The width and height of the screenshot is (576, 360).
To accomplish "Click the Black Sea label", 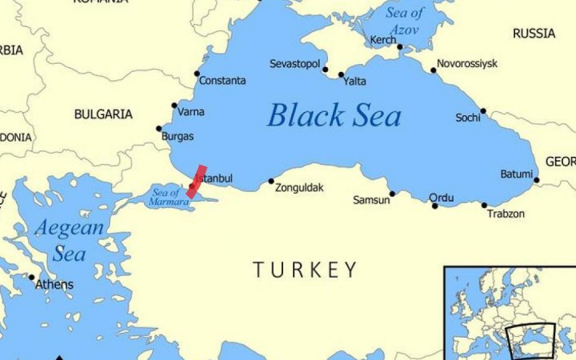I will (334, 115).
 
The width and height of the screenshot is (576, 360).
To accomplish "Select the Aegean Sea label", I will (69, 241).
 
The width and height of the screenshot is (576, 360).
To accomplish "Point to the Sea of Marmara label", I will (169, 197).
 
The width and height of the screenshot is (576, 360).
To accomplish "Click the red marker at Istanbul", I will (196, 182).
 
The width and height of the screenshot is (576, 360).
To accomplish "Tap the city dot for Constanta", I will (197, 74).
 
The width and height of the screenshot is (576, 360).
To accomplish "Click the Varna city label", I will (191, 110).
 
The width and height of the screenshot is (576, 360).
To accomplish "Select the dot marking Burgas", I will (159, 128).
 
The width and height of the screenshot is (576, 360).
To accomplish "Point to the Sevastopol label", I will (294, 62).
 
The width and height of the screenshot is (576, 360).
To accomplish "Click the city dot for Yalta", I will (341, 75).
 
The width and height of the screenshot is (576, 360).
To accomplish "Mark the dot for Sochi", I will (482, 111).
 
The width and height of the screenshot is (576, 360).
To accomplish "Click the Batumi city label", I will (516, 174).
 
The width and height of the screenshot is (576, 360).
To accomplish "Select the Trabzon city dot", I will (484, 205).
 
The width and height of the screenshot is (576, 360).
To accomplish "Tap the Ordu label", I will (441, 198).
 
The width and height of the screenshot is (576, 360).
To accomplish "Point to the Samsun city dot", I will (392, 193).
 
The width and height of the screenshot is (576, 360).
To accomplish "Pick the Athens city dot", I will (32, 277).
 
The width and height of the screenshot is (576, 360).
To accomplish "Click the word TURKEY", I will (306, 270).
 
